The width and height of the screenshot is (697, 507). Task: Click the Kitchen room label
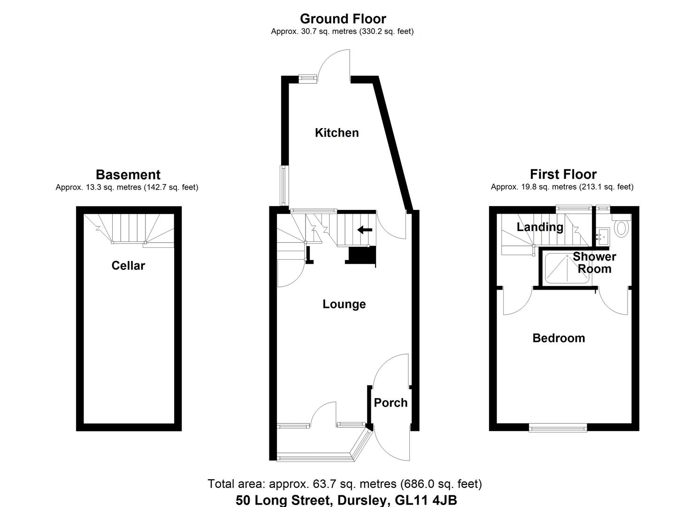(x=337, y=133)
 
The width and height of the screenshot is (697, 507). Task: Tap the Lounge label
(x=344, y=304)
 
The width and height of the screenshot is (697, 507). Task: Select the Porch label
(x=391, y=403)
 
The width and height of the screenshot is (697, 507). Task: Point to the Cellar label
(x=128, y=266)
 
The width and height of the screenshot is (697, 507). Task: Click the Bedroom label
(x=559, y=338)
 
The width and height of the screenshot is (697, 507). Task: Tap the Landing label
(x=540, y=227)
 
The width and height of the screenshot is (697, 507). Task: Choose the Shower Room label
(x=594, y=262)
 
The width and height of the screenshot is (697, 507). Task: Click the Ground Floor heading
(x=343, y=19)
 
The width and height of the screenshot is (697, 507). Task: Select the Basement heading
(x=128, y=175)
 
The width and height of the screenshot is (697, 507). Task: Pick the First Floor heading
(x=563, y=175)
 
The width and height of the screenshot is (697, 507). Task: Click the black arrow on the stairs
(x=365, y=230)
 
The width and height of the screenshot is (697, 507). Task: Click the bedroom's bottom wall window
(x=558, y=427)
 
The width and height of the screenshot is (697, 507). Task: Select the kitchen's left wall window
(x=283, y=185)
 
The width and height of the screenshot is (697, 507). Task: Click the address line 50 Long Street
(x=346, y=500)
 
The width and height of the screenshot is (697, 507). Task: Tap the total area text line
(x=345, y=484)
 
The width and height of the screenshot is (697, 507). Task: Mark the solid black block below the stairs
(x=361, y=256)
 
